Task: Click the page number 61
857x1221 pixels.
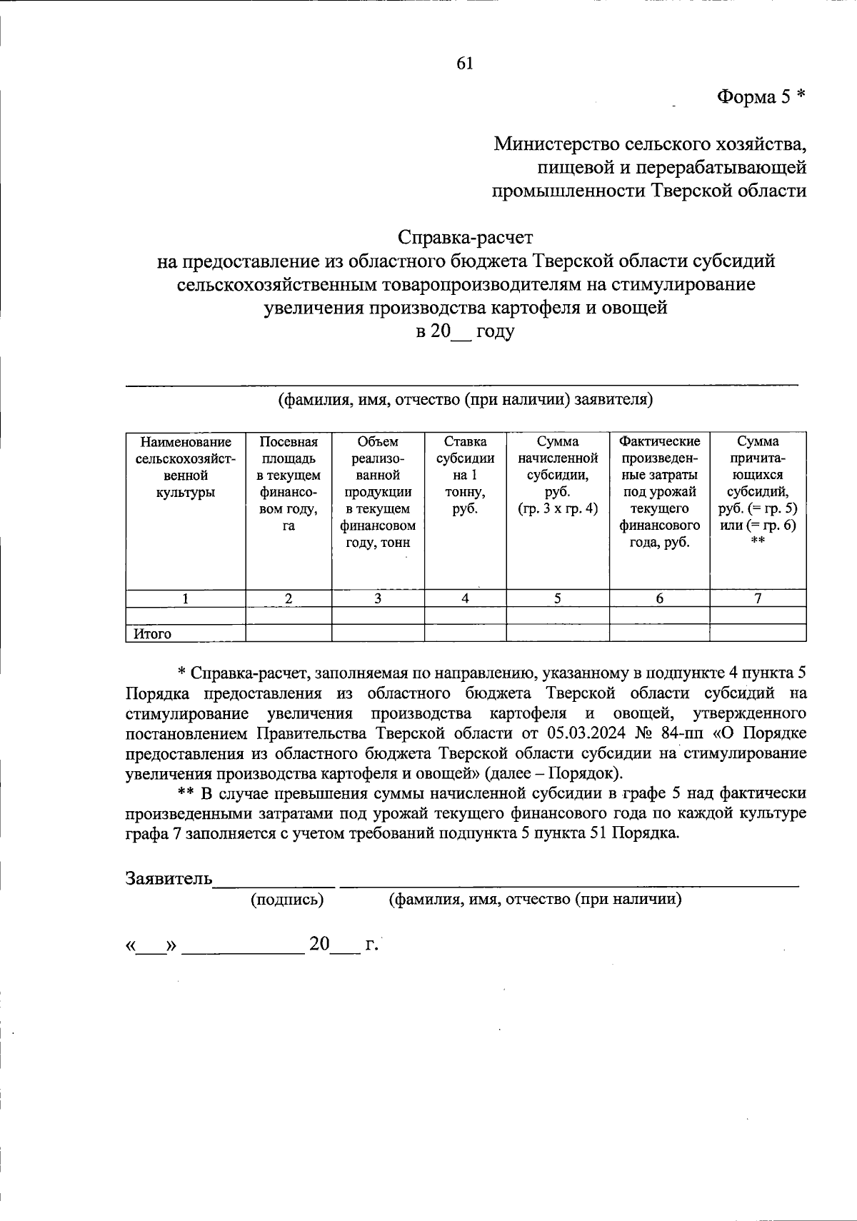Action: (x=464, y=64)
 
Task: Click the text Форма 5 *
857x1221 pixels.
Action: (x=761, y=97)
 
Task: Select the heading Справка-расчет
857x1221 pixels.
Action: (x=466, y=236)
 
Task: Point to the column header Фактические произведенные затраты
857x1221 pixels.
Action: (x=659, y=491)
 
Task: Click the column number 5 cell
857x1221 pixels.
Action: (x=557, y=599)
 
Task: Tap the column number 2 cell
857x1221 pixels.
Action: (x=289, y=599)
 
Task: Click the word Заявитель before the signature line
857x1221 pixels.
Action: (x=169, y=878)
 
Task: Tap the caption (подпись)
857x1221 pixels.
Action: (x=287, y=900)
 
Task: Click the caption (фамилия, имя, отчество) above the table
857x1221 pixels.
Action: (x=466, y=399)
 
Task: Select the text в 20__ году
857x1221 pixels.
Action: (x=465, y=332)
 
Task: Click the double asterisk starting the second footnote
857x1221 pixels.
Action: (x=186, y=794)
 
